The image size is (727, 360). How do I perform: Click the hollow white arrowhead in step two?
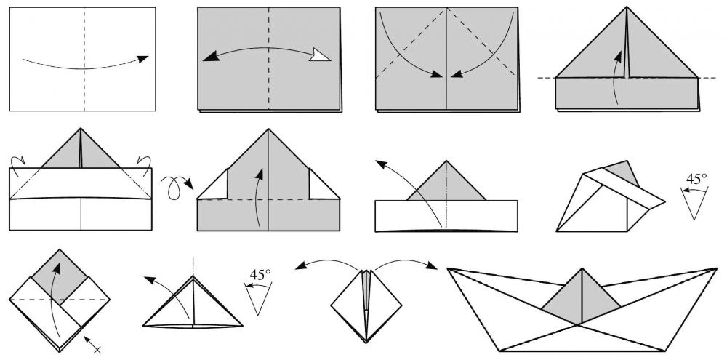coord(321,55)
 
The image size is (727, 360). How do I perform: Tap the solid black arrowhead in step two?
coord(211,56)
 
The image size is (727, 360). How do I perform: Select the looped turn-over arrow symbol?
coord(177,186)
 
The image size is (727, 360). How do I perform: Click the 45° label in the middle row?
coord(697,179)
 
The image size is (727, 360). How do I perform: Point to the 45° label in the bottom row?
coord(260,274)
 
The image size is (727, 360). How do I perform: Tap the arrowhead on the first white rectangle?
coord(142,58)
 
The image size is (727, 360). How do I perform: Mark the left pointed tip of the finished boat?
coord(448,268)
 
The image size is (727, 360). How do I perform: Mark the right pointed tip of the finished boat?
coord(717,268)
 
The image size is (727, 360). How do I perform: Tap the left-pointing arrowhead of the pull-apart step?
coord(301,266)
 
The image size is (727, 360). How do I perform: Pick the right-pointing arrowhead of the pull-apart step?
coord(431,265)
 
